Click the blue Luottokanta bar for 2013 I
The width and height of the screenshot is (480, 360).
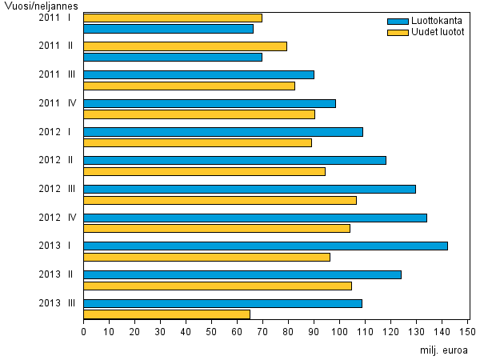[x=266, y=246]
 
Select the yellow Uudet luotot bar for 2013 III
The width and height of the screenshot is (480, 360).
[x=166, y=314]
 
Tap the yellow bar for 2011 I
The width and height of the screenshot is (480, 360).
[x=173, y=18]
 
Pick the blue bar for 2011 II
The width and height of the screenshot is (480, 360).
[x=173, y=57]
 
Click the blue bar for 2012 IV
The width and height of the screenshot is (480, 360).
[x=255, y=218]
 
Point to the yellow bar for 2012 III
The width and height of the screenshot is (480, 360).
[x=220, y=200]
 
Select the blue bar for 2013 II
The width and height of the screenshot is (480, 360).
[x=242, y=274]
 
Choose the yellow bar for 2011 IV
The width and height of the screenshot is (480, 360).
[x=199, y=114]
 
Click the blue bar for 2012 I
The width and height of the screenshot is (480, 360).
[x=223, y=131]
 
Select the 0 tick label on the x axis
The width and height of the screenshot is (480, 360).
[x=83, y=330]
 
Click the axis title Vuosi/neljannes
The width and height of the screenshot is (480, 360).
[x=35, y=6]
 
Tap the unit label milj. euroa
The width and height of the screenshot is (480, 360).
[x=443, y=350]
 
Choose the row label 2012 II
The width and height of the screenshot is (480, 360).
[x=56, y=160]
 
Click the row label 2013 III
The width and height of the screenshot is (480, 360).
[x=56, y=303]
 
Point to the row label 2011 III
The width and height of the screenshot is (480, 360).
[x=56, y=74]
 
